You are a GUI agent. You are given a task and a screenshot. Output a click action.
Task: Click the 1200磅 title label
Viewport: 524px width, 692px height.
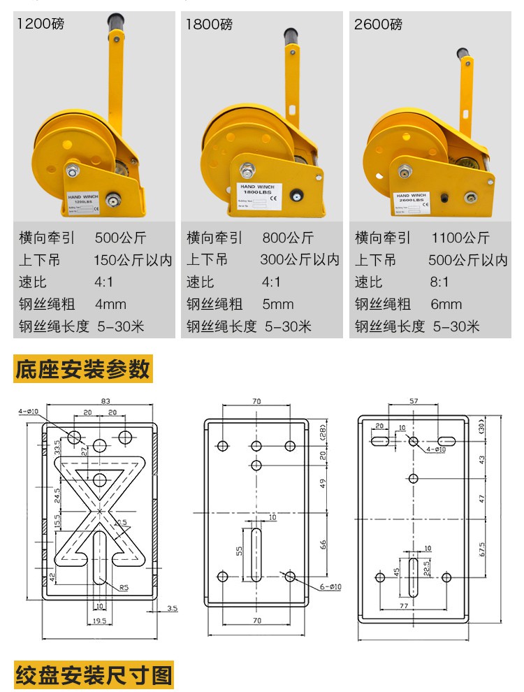pyautogui.click(x=41, y=24)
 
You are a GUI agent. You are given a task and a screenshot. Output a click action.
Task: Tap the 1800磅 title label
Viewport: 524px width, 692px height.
pyautogui.click(x=209, y=24)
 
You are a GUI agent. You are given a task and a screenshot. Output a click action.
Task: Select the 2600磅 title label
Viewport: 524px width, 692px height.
pyautogui.click(x=378, y=24)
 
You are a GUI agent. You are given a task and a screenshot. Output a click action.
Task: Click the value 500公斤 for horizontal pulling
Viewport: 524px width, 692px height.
pyautogui.click(x=117, y=238)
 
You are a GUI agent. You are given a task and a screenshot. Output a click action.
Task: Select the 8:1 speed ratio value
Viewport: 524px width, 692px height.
pyautogui.click(x=440, y=282)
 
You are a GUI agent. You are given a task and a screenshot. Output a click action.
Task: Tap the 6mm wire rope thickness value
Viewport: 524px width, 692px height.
pyautogui.click(x=446, y=305)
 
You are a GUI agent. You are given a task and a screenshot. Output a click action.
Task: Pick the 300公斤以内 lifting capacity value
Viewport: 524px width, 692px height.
pyautogui.click(x=300, y=260)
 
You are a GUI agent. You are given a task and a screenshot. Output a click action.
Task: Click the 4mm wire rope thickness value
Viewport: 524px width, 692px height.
pyautogui.click(x=110, y=305)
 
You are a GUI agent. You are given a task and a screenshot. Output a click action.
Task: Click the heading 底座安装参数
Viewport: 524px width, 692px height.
pyautogui.click(x=82, y=369)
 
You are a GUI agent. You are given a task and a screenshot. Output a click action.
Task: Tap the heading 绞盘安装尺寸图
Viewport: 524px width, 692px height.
pyautogui.click(x=94, y=675)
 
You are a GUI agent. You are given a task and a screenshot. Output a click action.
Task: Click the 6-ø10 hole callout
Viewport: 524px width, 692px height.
pyautogui.click(x=325, y=587)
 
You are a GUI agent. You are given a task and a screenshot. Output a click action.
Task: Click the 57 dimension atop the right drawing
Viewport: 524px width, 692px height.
pyautogui.click(x=413, y=401)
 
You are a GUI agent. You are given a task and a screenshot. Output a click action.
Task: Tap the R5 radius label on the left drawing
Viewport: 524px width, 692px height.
pyautogui.click(x=123, y=587)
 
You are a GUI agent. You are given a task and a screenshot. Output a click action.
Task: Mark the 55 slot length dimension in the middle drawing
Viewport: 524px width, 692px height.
pyautogui.click(x=240, y=550)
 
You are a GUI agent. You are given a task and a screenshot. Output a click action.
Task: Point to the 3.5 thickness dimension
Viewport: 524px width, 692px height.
pyautogui.click(x=172, y=609)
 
